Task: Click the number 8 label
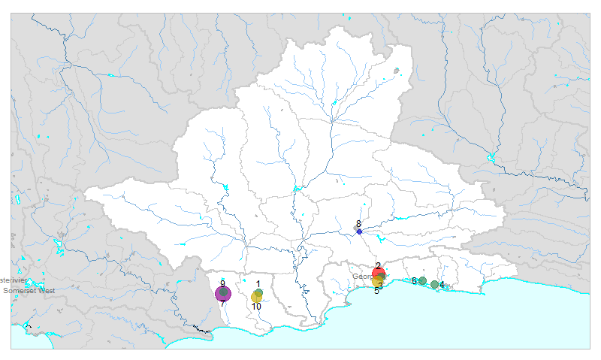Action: tap(359, 224)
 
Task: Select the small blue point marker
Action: tap(359, 232)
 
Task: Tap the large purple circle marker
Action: tap(223, 294)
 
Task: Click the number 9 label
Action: tap(222, 283)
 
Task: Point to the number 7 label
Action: tap(222, 304)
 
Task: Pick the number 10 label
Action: tap(256, 307)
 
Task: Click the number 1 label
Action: tap(258, 284)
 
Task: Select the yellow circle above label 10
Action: tap(256, 298)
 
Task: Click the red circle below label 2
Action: tap(379, 273)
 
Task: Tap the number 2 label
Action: tap(378, 265)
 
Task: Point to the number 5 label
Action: tap(376, 290)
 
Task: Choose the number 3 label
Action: tap(381, 286)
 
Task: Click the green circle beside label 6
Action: tap(422, 281)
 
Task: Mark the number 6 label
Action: tap(414, 281)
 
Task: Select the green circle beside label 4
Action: tap(434, 284)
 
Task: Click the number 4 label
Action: tap(442, 285)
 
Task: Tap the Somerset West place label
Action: tap(29, 290)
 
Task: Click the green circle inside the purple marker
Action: tap(224, 292)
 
